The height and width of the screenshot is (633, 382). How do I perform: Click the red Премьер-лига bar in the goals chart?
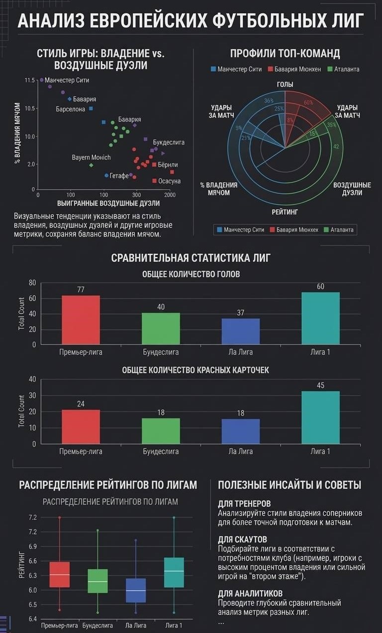(81, 320)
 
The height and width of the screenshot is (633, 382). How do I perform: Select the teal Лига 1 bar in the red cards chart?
(320, 417)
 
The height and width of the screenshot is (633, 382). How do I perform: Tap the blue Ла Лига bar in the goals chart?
(241, 332)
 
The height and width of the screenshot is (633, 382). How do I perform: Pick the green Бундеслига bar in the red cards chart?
(161, 431)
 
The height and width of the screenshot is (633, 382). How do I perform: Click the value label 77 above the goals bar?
(81, 290)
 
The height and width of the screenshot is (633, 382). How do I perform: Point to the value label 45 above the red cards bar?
(320, 385)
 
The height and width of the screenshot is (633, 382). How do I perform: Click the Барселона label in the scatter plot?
(70, 109)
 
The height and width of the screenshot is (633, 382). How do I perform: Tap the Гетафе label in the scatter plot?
(119, 176)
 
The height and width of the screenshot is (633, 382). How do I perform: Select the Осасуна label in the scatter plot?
(169, 181)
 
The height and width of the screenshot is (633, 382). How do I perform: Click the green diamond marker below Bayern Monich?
(91, 165)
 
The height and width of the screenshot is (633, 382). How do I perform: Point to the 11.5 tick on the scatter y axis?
(30, 80)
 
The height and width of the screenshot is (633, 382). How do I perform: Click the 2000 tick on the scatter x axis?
(170, 195)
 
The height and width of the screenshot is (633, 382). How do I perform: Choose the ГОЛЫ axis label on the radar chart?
(285, 84)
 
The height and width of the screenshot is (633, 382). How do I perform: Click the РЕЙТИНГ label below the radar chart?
(285, 212)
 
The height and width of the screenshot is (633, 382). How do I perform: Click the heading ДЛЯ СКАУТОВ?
(242, 539)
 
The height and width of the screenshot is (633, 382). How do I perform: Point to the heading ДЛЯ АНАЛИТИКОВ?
(250, 593)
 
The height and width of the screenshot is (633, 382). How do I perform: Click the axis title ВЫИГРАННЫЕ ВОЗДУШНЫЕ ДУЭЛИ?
(108, 203)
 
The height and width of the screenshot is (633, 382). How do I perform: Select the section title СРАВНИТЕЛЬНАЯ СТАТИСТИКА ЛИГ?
(191, 257)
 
